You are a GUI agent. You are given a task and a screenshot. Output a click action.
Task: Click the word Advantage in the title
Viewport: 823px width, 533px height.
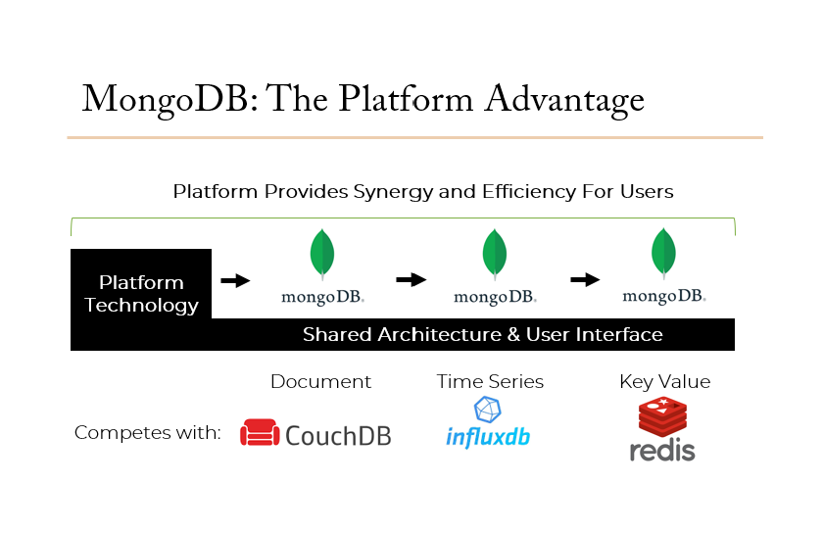click(x=563, y=100)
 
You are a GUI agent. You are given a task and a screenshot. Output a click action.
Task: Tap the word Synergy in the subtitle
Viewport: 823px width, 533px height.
click(x=393, y=192)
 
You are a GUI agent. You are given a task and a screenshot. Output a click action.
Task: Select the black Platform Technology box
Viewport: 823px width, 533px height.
click(x=141, y=284)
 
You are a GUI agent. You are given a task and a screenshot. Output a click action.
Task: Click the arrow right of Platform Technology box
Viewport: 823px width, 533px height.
click(x=235, y=281)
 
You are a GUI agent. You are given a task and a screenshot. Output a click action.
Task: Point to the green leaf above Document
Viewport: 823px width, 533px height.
click(x=322, y=254)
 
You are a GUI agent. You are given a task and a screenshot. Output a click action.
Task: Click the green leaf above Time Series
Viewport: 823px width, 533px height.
click(x=495, y=254)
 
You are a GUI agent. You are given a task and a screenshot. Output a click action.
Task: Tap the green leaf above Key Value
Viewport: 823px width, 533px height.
click(x=663, y=253)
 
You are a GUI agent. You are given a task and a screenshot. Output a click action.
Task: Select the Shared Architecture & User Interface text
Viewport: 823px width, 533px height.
click(x=482, y=334)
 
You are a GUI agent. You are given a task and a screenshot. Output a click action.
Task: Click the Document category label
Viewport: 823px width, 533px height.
click(x=320, y=381)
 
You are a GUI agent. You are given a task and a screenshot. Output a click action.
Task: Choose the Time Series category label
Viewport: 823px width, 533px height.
click(x=490, y=381)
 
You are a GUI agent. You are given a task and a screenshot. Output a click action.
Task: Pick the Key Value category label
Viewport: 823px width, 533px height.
click(x=665, y=382)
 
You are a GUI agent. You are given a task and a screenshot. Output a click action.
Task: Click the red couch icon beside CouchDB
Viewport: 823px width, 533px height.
click(x=260, y=432)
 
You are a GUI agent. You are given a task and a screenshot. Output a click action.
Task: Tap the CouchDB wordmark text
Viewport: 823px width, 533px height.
click(x=339, y=436)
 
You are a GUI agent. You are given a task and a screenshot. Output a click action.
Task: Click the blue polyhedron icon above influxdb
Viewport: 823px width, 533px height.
click(x=488, y=410)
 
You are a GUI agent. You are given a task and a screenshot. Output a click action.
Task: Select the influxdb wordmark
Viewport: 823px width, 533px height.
click(x=488, y=437)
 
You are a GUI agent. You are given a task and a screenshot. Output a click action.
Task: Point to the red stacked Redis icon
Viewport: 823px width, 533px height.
click(x=663, y=417)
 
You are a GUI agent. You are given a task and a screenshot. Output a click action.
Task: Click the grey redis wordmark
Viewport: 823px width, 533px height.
click(x=662, y=450)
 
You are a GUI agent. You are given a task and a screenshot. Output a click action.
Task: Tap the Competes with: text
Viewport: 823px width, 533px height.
click(x=148, y=433)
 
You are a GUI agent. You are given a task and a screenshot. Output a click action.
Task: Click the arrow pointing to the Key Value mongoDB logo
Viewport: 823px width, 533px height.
click(x=585, y=279)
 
